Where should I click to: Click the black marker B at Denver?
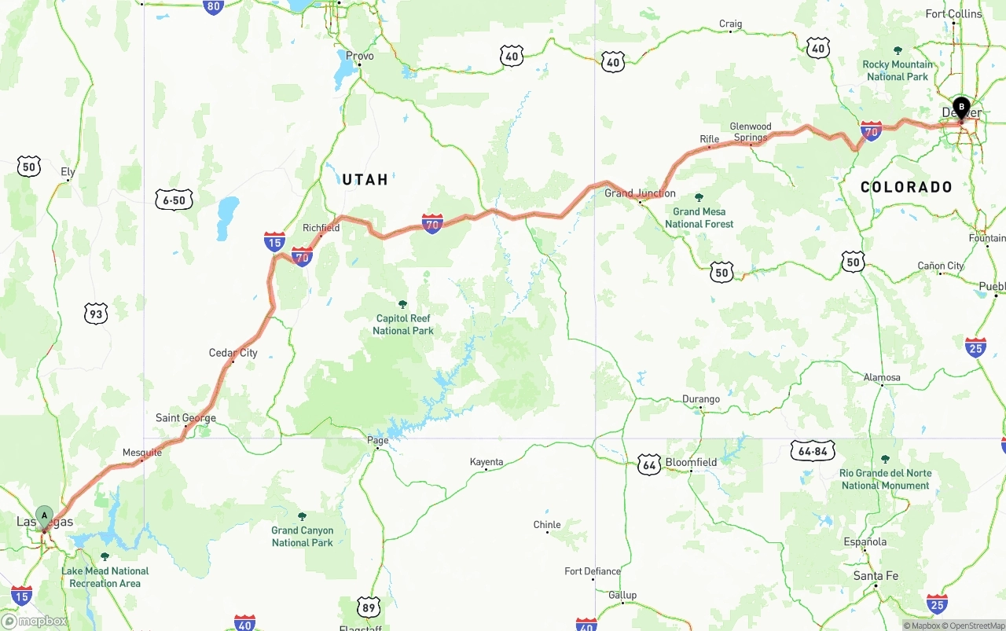[961, 107]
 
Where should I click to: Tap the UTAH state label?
[365, 180]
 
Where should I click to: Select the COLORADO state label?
[906, 187]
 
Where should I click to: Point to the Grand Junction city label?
[640, 193]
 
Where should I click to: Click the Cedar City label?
[233, 353]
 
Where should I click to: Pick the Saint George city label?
[185, 418]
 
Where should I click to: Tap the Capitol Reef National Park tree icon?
[403, 304]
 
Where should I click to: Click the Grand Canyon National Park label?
[303, 537]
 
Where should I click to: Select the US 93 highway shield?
[96, 314]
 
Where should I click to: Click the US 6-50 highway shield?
[174, 200]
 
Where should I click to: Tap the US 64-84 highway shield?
[813, 450]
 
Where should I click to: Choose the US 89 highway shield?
[369, 607]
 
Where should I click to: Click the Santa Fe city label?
[876, 576]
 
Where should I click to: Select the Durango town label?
[700, 399]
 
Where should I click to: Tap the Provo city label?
[360, 57]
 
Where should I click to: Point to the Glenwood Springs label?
[751, 132]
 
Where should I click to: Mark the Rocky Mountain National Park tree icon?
[898, 50]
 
